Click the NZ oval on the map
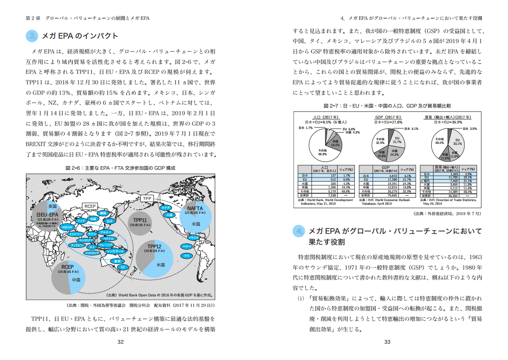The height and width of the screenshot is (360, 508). [x=123, y=267]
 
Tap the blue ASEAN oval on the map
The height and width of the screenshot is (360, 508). [x=67, y=227]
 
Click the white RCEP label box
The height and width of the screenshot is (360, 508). [x=90, y=206]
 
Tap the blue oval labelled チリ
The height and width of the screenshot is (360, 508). [x=187, y=256]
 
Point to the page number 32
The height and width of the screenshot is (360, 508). [x=120, y=342]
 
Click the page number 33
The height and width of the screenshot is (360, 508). [x=387, y=342]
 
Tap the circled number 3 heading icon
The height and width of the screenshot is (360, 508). [x=32, y=36]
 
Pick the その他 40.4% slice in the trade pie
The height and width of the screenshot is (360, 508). [x=440, y=141]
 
